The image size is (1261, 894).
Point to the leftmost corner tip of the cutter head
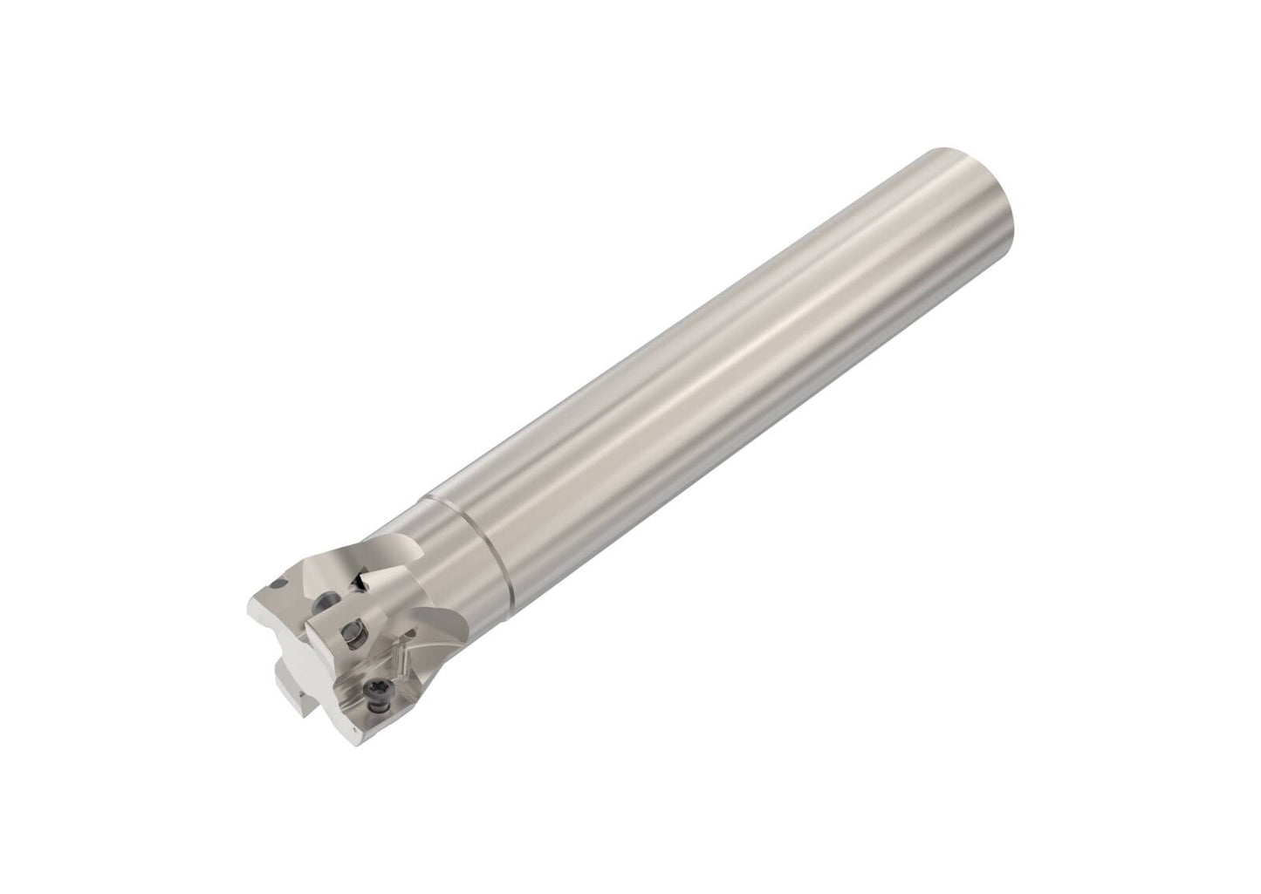click(250, 602)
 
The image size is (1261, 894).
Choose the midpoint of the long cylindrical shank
click(716, 366)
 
